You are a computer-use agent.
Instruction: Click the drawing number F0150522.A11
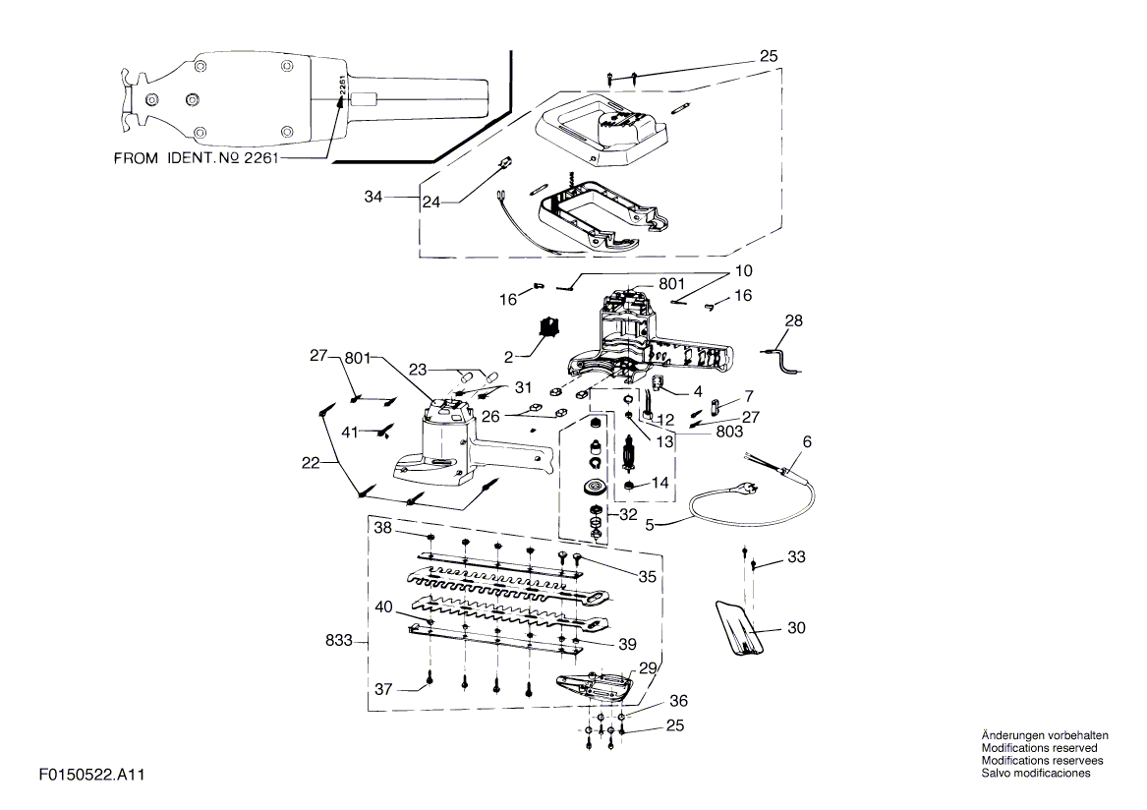pyautogui.click(x=92, y=775)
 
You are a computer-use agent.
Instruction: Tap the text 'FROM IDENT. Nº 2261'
pyautogui.click(x=196, y=158)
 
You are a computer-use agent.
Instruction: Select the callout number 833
pyautogui.click(x=339, y=641)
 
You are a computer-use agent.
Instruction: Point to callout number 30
pyautogui.click(x=796, y=628)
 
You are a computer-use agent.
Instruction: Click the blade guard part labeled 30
pyautogui.click(x=739, y=628)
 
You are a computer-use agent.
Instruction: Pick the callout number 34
pyautogui.click(x=373, y=197)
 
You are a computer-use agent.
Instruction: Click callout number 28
pyautogui.click(x=794, y=320)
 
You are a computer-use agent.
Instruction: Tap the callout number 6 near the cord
pyautogui.click(x=807, y=442)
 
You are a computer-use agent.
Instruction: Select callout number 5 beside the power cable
pyautogui.click(x=650, y=525)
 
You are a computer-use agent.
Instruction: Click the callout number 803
pyautogui.click(x=729, y=432)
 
